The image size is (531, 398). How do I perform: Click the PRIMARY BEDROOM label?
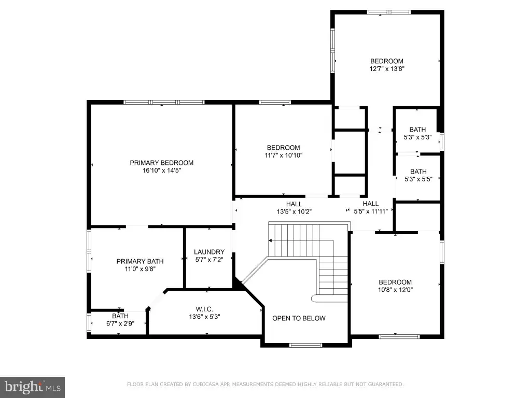(162, 163)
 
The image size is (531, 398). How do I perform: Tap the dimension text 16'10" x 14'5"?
(162, 170)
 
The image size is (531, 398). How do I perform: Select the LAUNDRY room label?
(209, 252)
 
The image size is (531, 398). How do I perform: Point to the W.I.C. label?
(204, 309)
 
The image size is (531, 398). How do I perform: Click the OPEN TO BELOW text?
(299, 318)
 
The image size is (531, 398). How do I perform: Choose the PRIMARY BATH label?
(140, 261)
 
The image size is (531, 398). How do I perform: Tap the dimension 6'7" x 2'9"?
(120, 323)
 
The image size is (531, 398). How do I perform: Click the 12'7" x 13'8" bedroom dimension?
(387, 69)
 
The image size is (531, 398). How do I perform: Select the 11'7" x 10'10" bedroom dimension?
(284, 155)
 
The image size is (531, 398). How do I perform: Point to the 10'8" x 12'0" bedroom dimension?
(395, 290)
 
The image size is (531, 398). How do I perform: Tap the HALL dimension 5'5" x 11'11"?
(371, 211)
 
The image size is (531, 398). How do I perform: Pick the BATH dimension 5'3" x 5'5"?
(418, 179)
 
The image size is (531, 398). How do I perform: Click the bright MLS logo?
(32, 387)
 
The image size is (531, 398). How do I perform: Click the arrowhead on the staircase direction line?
(270, 240)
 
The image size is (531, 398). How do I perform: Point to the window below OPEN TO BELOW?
(306, 345)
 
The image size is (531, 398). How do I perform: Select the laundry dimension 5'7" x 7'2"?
(209, 260)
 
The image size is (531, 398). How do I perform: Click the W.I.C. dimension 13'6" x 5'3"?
(204, 317)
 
